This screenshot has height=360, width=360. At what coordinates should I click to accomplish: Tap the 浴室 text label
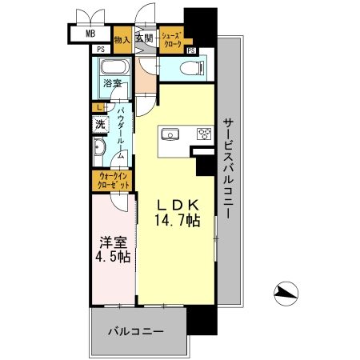(x=111, y=82)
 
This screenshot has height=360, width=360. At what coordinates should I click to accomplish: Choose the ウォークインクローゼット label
(x=110, y=179)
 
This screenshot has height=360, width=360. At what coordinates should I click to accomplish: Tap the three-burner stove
(x=203, y=134)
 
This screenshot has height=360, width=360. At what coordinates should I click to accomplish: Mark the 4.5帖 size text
(x=111, y=257)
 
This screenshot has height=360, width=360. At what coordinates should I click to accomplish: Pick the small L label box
(x=98, y=107)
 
